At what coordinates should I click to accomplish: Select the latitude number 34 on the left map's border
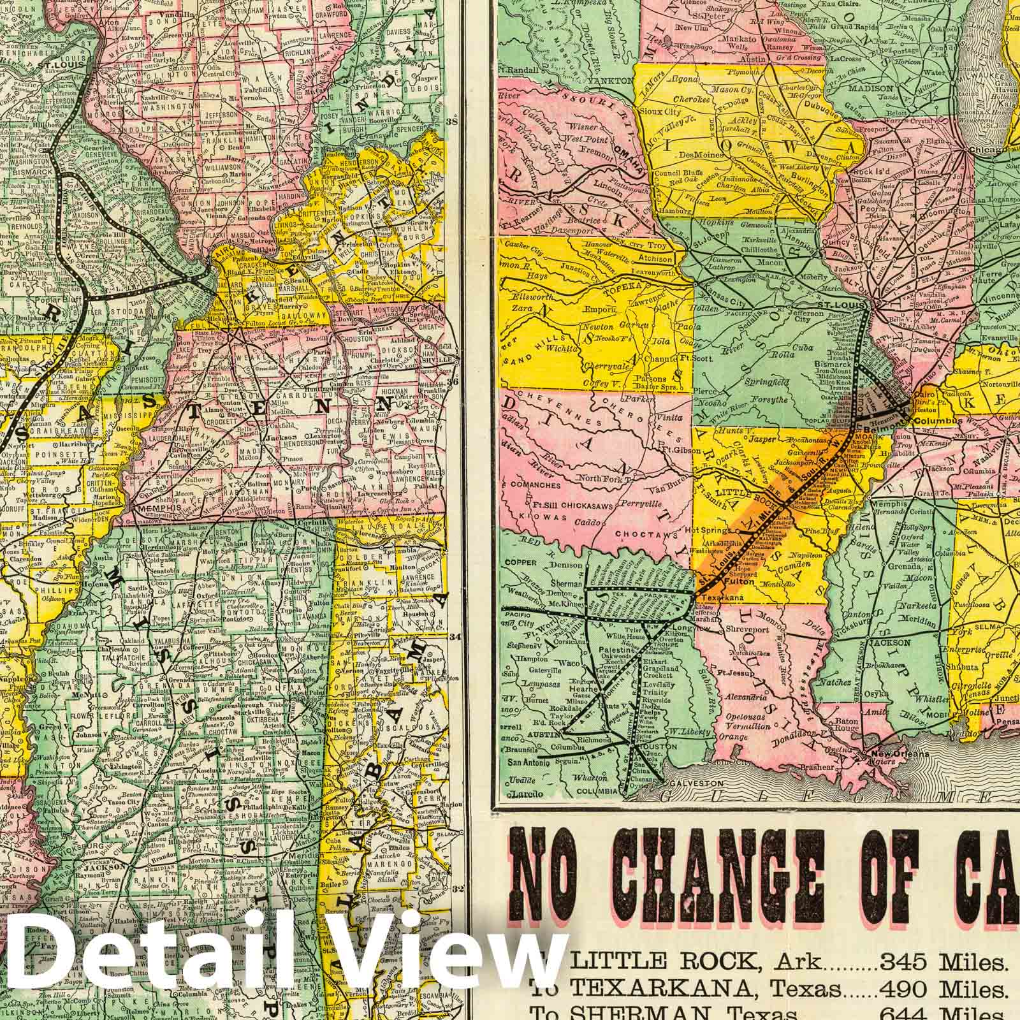(455, 636)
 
